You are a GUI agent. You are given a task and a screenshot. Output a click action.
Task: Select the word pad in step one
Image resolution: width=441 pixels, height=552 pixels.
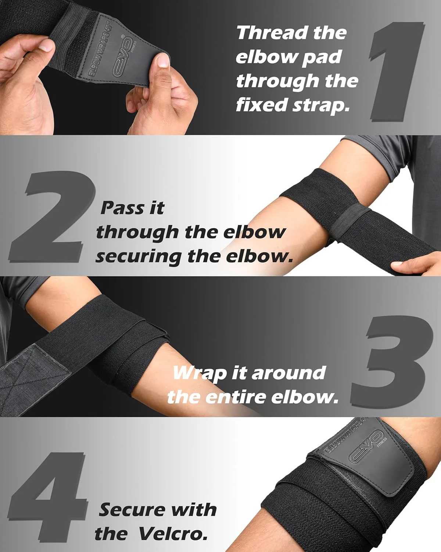pyautogui.click(x=322, y=57)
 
